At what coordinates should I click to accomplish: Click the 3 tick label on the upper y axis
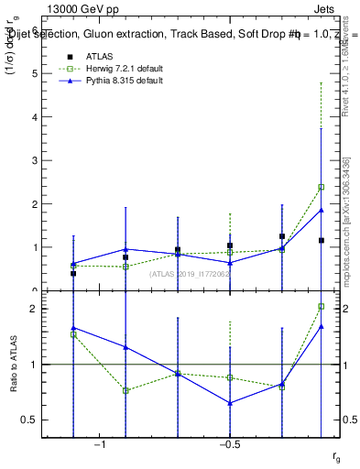tap(36, 160)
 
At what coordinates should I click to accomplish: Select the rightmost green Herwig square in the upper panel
tap(321, 187)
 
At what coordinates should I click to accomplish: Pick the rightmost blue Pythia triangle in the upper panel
tap(321, 210)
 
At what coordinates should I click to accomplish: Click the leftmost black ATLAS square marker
tap(73, 273)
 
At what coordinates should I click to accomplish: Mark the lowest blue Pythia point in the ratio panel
tap(230, 403)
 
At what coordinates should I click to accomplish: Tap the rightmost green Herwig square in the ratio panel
tap(321, 306)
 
